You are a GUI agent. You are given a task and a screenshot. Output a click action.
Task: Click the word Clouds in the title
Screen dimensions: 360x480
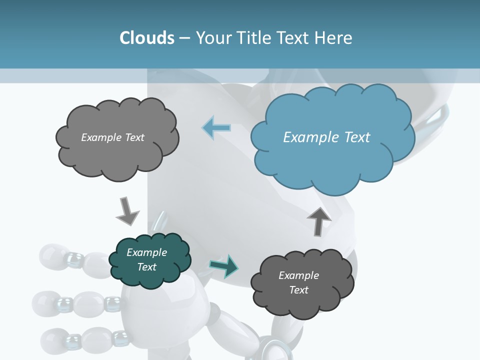click(x=147, y=38)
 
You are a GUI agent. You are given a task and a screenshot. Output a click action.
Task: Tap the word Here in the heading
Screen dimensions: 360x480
click(x=333, y=38)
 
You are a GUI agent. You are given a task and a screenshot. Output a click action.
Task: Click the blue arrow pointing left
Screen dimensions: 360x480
click(x=216, y=127)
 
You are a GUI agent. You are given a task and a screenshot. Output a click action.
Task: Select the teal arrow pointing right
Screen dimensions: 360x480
click(x=224, y=266)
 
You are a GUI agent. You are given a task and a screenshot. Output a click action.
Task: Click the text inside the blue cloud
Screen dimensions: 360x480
click(x=326, y=137)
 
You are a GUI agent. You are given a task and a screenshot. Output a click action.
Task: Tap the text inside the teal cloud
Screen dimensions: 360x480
click(x=146, y=259)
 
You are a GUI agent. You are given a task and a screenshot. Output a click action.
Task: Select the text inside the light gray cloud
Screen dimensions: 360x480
click(x=112, y=137)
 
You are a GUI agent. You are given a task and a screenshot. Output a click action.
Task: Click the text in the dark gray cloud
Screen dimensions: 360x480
click(x=298, y=282)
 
